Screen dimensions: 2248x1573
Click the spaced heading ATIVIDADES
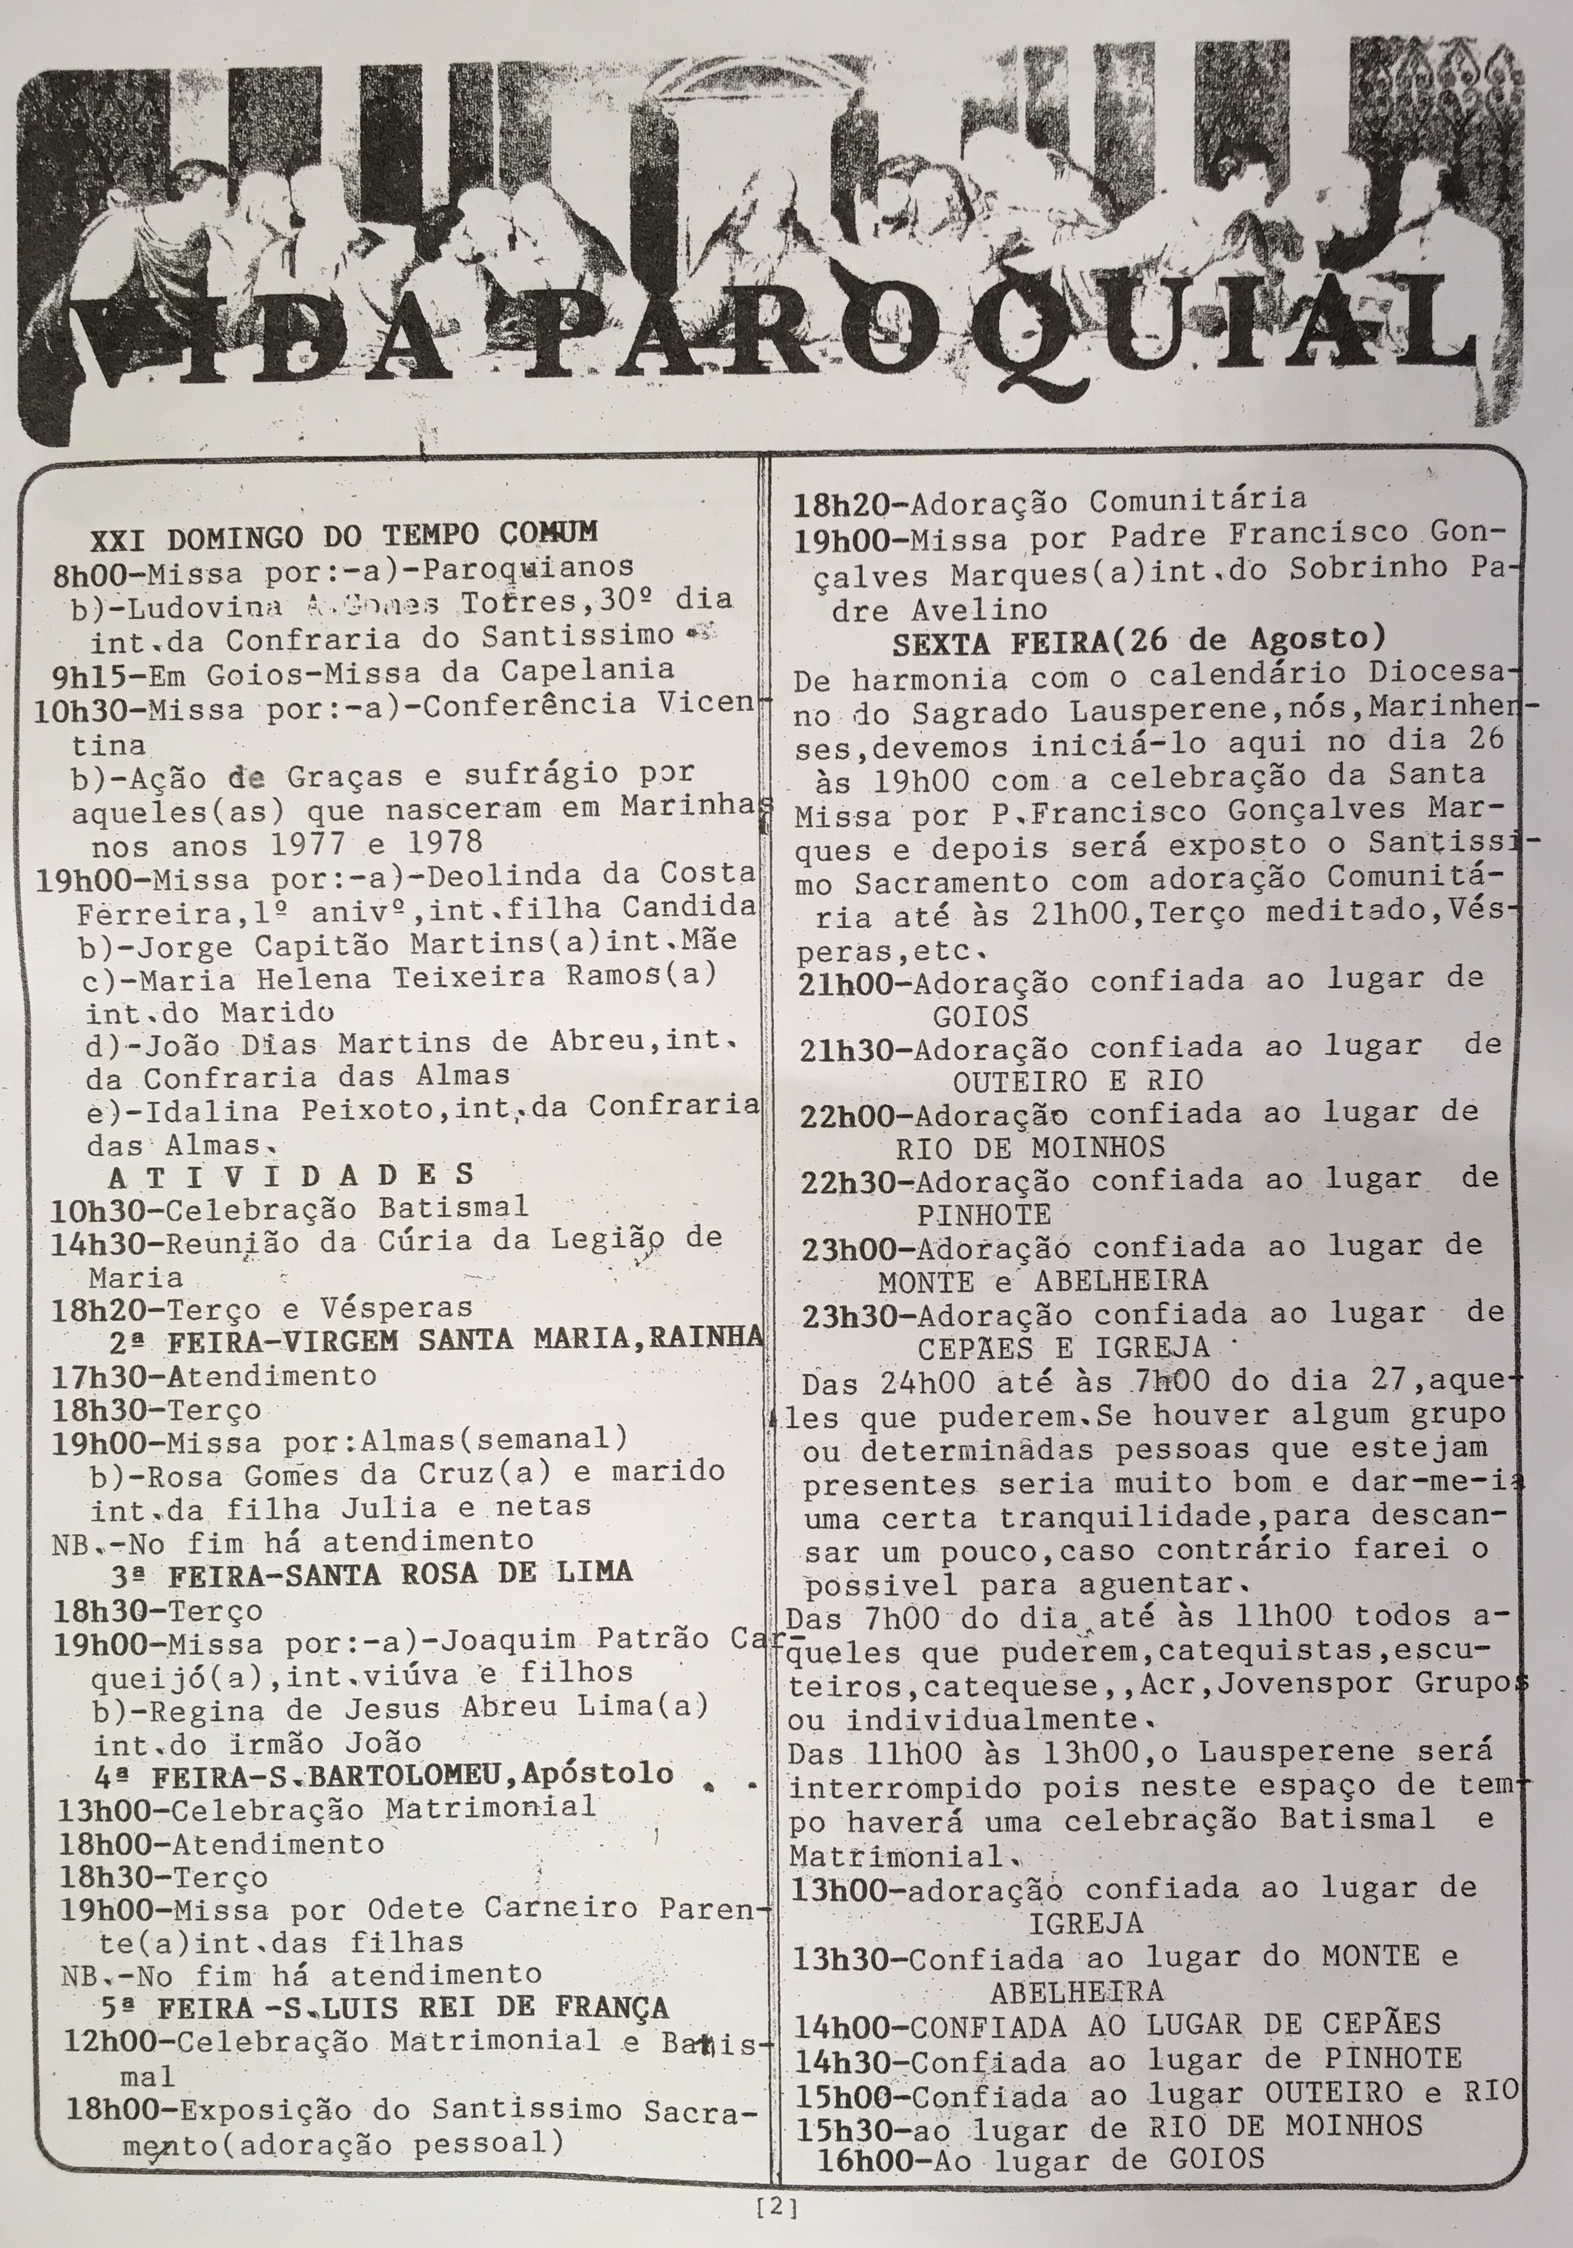pyautogui.click(x=292, y=1174)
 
